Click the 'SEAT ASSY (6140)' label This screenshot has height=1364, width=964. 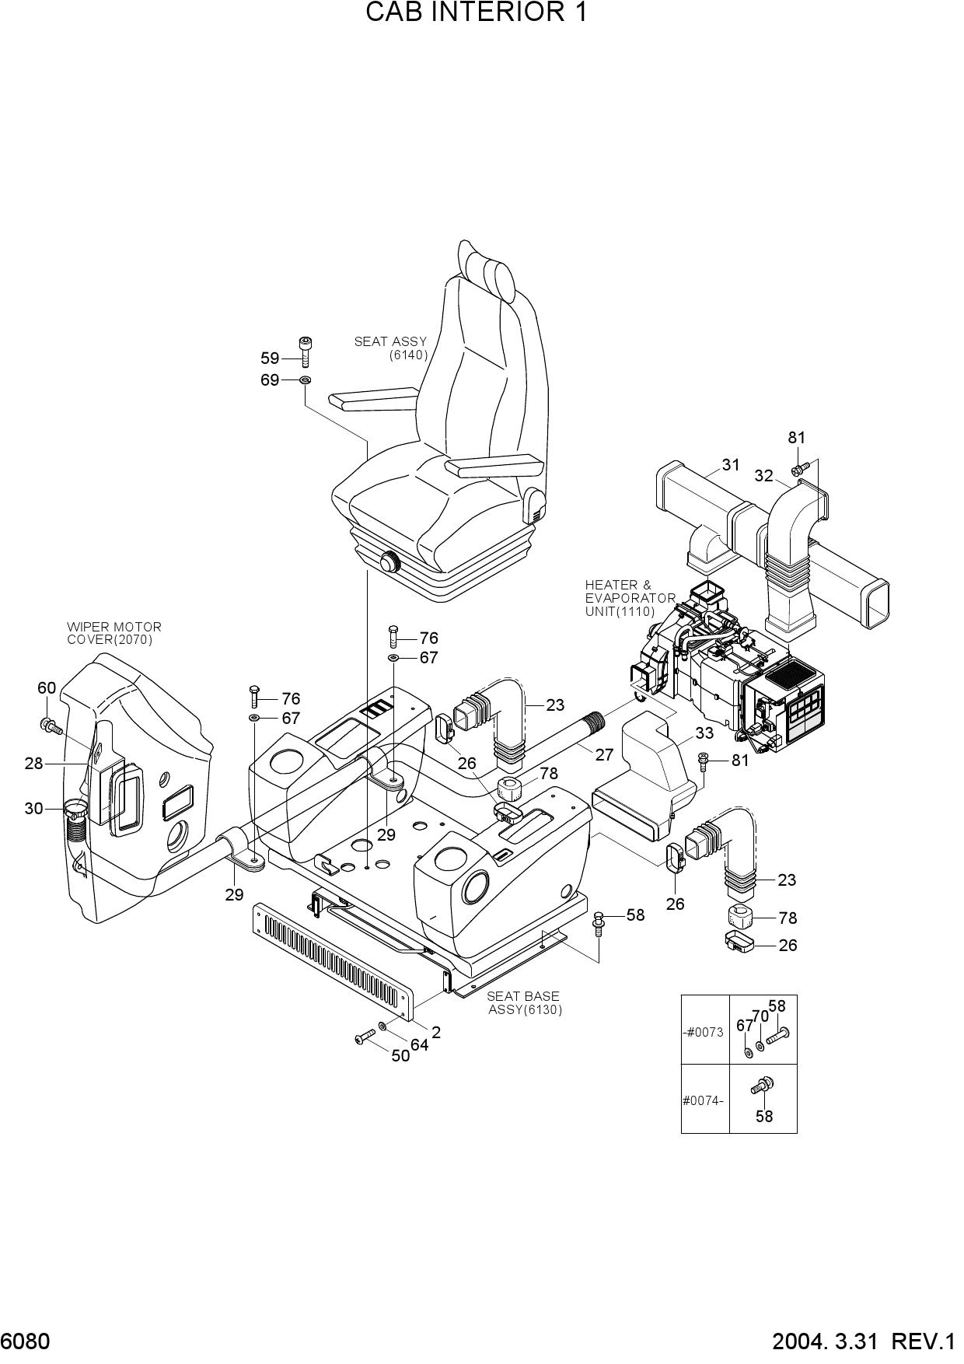391,348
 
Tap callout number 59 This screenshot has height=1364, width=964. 270,358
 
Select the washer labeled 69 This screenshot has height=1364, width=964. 306,380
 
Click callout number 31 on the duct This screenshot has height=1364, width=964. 731,465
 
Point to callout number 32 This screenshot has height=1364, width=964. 763,476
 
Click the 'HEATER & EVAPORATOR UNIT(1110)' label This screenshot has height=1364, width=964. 630,598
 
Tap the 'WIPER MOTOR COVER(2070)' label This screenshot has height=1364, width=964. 114,633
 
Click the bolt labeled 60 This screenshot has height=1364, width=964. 51,726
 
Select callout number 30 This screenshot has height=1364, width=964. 33,809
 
